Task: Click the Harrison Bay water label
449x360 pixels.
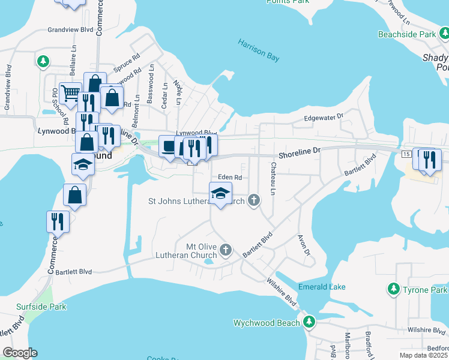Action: coord(259,50)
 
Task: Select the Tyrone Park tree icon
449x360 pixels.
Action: coord(394,290)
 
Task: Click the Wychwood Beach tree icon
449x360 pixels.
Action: coord(309,323)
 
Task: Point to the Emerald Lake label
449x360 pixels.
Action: coord(322,287)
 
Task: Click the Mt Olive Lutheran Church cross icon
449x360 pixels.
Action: coord(226,249)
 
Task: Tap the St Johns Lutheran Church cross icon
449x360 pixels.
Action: coord(254,200)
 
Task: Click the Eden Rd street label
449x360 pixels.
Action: coord(229,178)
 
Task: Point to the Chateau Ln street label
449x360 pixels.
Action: coord(273,179)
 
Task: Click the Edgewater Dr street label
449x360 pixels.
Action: coord(322,118)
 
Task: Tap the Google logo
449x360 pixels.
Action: coord(20,353)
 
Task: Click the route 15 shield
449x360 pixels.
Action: coord(406,155)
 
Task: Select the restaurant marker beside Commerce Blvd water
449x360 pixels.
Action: coord(58,221)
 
